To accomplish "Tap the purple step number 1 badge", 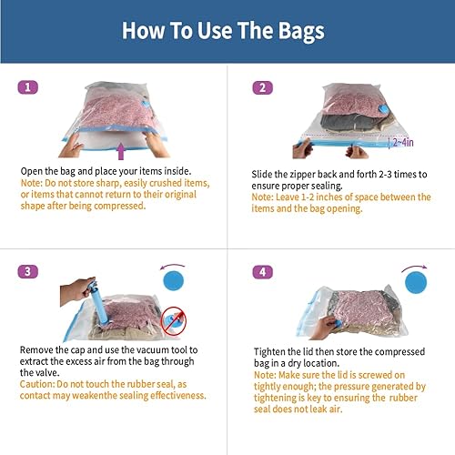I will [31, 87].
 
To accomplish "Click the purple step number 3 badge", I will [31, 271].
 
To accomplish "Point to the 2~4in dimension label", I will [402, 142].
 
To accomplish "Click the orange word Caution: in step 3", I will [41, 383].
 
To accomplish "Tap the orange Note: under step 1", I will [35, 183].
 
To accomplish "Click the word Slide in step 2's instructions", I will [265, 173].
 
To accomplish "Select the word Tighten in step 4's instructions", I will [272, 349].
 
